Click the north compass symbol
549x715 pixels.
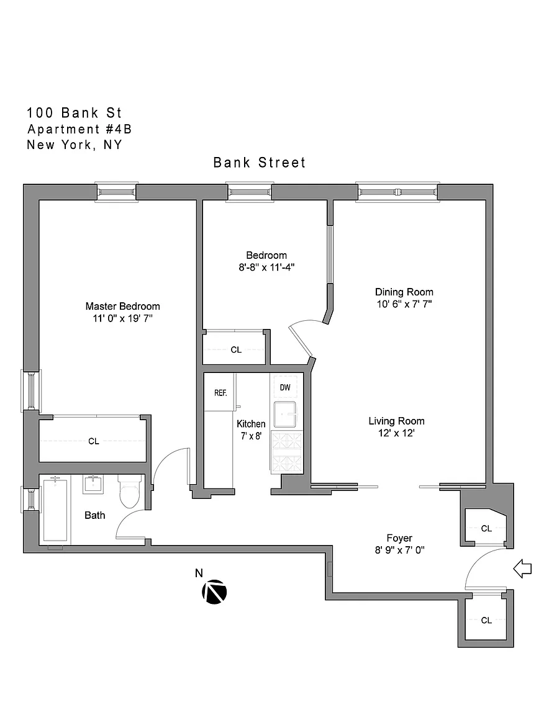(214, 592)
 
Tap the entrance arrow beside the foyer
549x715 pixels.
(522, 569)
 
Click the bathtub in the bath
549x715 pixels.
(55, 509)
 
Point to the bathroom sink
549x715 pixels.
(93, 484)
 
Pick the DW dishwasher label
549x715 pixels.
(285, 387)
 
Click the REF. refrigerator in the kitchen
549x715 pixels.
(220, 392)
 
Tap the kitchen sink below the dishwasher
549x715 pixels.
(285, 414)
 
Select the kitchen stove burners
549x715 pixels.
(287, 452)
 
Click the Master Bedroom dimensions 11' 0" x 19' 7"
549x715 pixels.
(123, 318)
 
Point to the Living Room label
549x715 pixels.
(397, 421)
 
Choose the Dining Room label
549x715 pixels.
(404, 292)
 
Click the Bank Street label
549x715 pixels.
(260, 163)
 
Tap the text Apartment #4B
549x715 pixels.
(79, 129)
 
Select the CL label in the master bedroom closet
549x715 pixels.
(94, 441)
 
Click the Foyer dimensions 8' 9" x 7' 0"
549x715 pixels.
(400, 550)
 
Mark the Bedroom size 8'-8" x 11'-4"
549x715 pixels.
(266, 268)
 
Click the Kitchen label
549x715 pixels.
(251, 424)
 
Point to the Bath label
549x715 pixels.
(95, 515)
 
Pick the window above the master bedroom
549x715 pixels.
(116, 192)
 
